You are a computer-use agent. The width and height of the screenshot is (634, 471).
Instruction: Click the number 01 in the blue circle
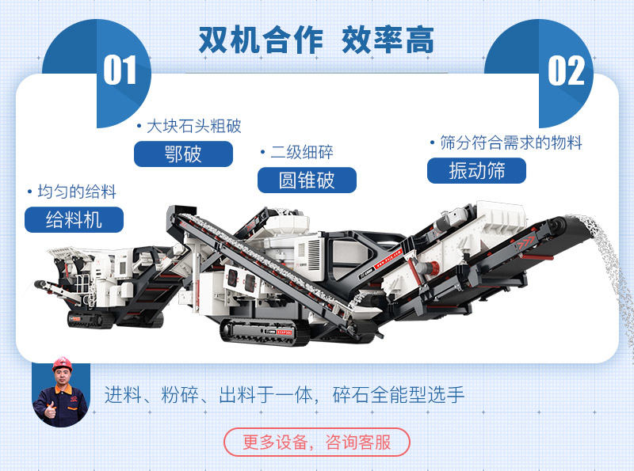point(120,70)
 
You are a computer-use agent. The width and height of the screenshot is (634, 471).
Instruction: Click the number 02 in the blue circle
point(566,70)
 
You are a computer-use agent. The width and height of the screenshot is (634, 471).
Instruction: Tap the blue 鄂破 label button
point(183,154)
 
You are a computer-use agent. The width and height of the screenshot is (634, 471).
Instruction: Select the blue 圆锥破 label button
point(307,180)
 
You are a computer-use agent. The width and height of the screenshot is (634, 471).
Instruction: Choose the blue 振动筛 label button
point(476,170)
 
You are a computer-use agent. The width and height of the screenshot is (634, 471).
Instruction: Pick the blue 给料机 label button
point(74,219)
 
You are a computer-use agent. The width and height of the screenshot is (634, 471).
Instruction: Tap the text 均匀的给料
point(77,192)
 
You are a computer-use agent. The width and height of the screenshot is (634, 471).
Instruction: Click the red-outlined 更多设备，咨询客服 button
point(317,442)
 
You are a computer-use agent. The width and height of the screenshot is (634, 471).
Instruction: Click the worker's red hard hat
point(61,364)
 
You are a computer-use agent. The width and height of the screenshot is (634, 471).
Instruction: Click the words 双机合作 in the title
point(261,40)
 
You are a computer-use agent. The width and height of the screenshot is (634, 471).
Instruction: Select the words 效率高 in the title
point(388,40)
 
